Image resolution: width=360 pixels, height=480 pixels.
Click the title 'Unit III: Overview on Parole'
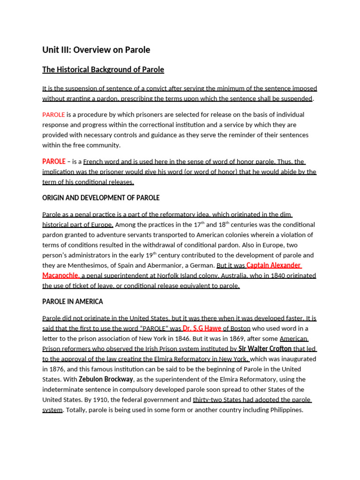pos(96,50)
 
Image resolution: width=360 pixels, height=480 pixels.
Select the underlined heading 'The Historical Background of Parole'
pos(103,70)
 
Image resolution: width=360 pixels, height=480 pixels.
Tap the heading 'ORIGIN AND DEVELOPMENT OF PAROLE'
pos(101,198)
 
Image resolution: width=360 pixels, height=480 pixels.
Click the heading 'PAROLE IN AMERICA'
pos(73,301)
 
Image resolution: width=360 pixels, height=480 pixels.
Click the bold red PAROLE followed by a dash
pos(54,161)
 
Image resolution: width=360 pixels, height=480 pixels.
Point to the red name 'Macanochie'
pos(60,275)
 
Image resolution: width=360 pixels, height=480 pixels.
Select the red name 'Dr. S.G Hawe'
pos(202,328)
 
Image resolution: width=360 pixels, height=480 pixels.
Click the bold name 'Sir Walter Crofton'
pos(265,349)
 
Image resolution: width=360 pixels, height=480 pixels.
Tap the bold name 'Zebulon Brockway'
pos(106,379)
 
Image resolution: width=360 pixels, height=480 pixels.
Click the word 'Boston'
pos(240,328)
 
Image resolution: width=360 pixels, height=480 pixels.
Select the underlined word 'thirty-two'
pos(209,400)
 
